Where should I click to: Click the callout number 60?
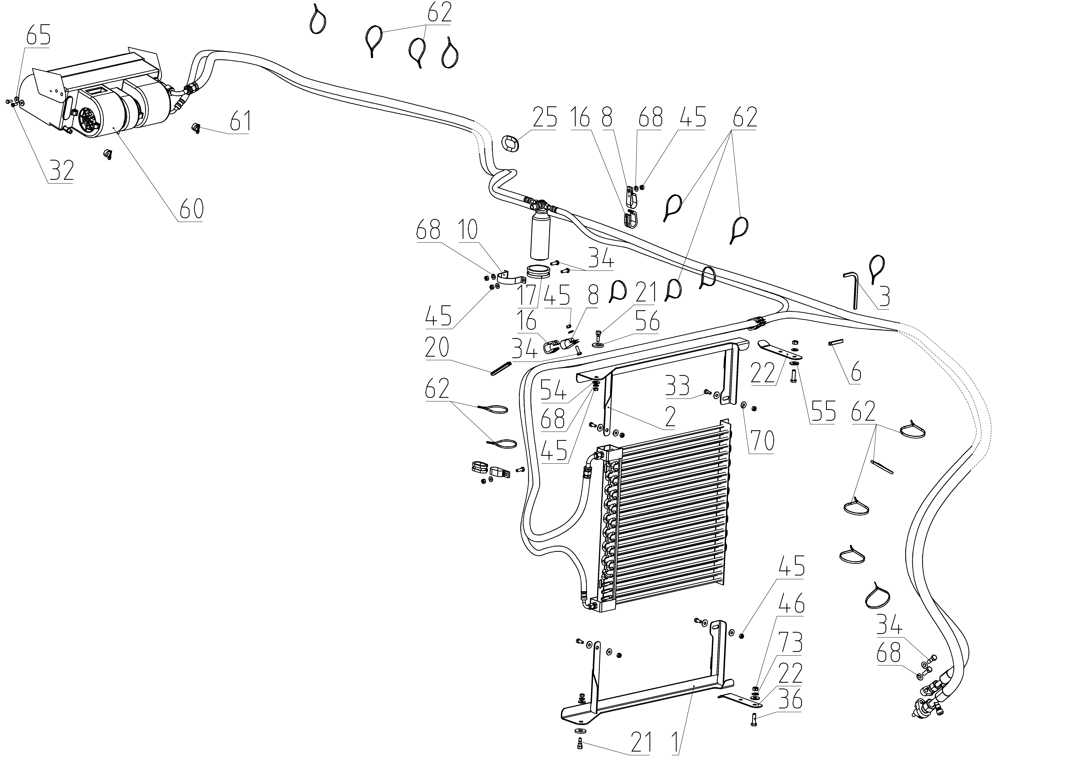click(191, 209)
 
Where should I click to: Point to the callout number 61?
click(240, 122)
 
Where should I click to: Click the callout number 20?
click(437, 348)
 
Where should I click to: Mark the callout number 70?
click(761, 441)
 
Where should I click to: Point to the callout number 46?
click(792, 605)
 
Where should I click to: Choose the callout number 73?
click(791, 643)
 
